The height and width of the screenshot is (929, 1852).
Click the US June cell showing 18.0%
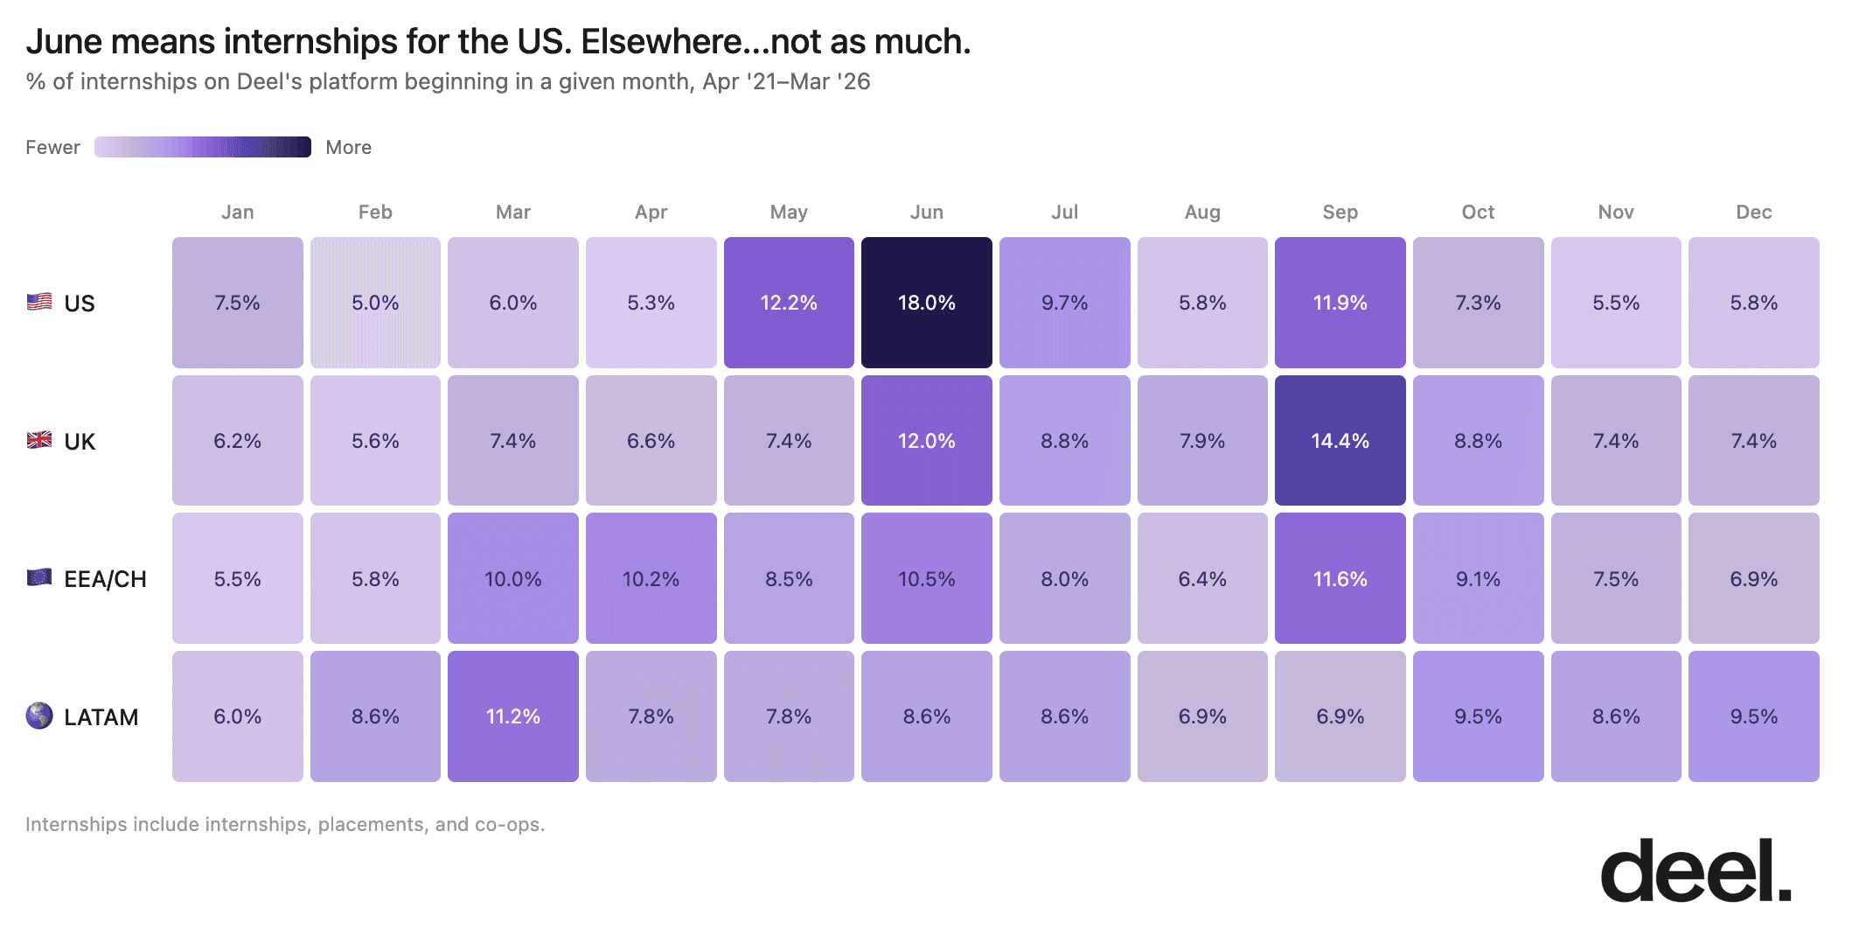pyautogui.click(x=926, y=303)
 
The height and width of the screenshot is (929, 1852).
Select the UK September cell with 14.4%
pyautogui.click(x=1340, y=441)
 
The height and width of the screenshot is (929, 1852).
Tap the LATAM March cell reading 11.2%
pyautogui.click(x=513, y=716)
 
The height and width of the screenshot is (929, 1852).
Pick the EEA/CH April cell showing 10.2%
pyautogui.click(x=651, y=578)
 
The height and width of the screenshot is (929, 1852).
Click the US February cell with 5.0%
pyautogui.click(x=375, y=303)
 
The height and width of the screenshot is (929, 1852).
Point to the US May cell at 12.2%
pyautogui.click(x=789, y=303)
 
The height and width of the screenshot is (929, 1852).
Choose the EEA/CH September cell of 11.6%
pyautogui.click(x=1340, y=578)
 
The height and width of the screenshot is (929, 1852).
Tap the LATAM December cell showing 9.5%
pyautogui.click(x=1753, y=716)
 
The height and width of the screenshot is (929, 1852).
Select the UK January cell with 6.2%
pyautogui.click(x=237, y=441)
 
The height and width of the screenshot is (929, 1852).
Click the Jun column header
pyautogui.click(x=926, y=212)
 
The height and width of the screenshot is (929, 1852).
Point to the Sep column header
pyautogui.click(x=1340, y=212)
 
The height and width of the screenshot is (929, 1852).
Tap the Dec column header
pyautogui.click(x=1753, y=212)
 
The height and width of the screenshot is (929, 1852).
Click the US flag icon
pyautogui.click(x=39, y=302)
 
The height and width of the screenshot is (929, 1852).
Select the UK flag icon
pyautogui.click(x=39, y=440)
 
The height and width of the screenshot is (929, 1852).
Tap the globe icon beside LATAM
pyautogui.click(x=39, y=716)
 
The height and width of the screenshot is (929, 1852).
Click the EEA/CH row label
pyautogui.click(x=105, y=579)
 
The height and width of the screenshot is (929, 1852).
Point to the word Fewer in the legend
pyautogui.click(x=52, y=147)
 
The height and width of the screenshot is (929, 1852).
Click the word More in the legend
pyautogui.click(x=348, y=147)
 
